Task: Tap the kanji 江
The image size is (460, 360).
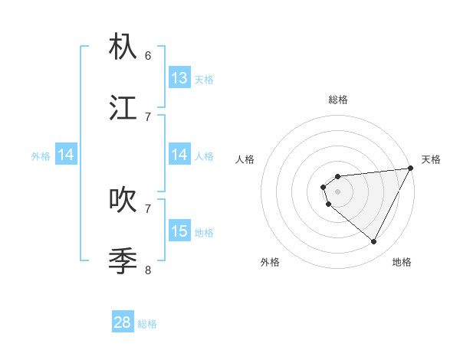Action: point(123,107)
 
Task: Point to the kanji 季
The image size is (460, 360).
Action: point(123,260)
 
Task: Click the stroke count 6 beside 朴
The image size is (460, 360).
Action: point(148,55)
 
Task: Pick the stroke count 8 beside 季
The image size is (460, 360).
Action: point(148,270)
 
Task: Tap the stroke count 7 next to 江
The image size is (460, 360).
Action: point(148,116)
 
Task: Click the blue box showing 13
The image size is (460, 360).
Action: point(179,78)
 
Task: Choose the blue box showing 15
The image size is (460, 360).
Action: point(179,231)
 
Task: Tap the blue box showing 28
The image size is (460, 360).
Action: point(123,322)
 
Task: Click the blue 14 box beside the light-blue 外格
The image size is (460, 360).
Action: point(66,155)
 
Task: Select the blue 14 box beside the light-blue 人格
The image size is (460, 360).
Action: point(179,155)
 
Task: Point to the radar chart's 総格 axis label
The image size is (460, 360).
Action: point(337,100)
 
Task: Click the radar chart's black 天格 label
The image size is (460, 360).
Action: point(431,159)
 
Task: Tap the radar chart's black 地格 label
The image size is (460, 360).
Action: point(402,262)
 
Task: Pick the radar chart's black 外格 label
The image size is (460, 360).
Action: point(270,262)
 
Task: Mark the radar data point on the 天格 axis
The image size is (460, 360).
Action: point(411,168)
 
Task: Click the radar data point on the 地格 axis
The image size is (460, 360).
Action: point(374,242)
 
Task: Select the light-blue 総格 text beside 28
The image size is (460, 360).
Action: point(147,324)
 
